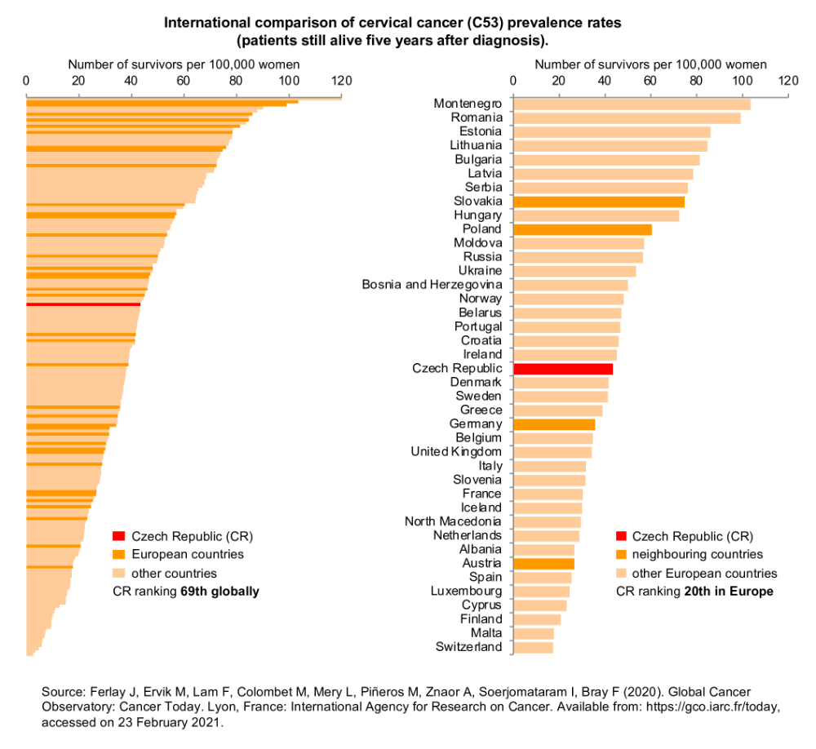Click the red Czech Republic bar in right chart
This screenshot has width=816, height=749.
pos(563,369)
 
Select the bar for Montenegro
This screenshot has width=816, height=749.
pos(632,104)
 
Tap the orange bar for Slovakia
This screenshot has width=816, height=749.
pos(599,202)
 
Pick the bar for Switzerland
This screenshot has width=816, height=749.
pos(533,647)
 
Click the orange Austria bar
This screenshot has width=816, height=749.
pos(543,564)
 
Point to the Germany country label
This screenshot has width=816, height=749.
pos(476,424)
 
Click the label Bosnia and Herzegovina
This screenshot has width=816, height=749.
pos(432,285)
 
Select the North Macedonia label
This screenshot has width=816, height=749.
pos(453,521)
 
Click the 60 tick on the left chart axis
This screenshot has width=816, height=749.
pos(183,80)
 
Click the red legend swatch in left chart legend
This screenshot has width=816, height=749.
pos(118,536)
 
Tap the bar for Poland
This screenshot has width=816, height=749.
pos(583,229)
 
